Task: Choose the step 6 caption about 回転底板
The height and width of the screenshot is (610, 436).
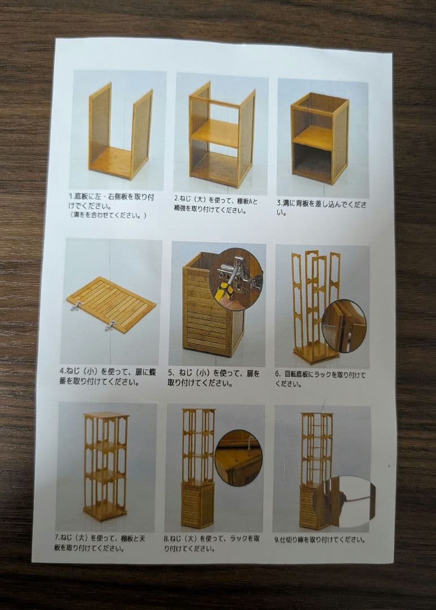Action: [x=320, y=378]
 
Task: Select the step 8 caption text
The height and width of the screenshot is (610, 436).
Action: [x=212, y=543]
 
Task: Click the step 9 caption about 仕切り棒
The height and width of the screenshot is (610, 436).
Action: [x=320, y=539]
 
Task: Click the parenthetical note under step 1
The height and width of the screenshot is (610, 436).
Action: [x=107, y=215]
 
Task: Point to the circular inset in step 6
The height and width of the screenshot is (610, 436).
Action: [x=344, y=326]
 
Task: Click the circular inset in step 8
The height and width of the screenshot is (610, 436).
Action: [x=238, y=457]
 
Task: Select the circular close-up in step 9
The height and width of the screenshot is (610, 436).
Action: [x=345, y=502]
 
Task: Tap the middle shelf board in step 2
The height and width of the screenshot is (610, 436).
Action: [x=215, y=133]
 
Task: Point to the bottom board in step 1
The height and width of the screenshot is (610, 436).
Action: [x=111, y=163]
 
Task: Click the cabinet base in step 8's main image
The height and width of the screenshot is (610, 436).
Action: [x=198, y=506]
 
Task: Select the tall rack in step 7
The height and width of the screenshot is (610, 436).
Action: [x=105, y=466]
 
